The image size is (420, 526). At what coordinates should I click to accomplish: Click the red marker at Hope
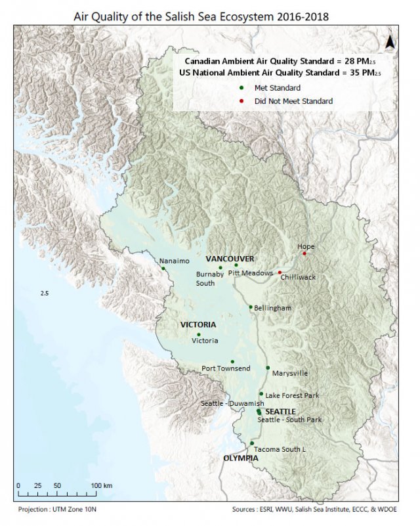click(304, 253)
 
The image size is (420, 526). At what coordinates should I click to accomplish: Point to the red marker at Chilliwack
click(280, 272)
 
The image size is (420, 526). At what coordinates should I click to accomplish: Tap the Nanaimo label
click(175, 261)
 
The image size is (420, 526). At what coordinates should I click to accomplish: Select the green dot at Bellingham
click(251, 307)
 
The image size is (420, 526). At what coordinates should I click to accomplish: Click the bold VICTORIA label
click(198, 324)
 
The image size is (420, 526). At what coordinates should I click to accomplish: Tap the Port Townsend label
click(226, 368)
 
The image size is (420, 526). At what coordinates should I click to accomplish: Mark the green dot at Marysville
click(268, 368)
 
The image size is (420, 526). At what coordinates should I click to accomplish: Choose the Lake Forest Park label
click(292, 395)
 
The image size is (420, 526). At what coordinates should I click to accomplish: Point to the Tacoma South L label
click(280, 449)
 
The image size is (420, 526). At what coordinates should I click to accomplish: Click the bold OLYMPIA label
click(240, 458)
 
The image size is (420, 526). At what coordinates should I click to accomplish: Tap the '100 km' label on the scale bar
click(102, 485)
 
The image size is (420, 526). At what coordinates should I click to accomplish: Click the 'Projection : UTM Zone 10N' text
click(60, 509)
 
